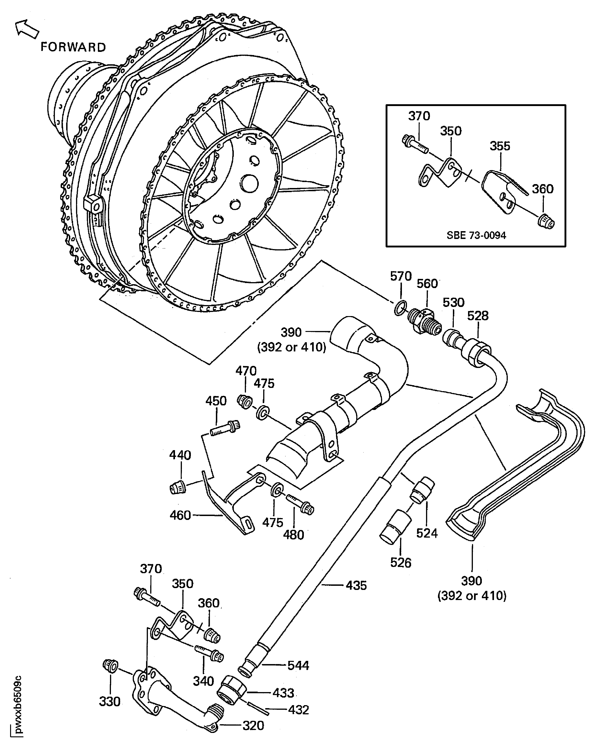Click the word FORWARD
tap(73, 47)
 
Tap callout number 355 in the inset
tap(500, 146)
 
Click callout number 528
tap(478, 316)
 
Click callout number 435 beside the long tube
tap(356, 585)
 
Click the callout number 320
tap(253, 726)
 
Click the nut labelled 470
tap(244, 401)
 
